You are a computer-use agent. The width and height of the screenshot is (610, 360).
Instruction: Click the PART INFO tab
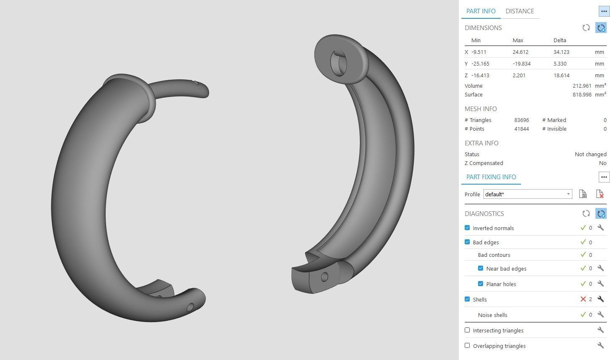[x=481, y=11]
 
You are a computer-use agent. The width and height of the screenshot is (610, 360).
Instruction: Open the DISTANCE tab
[x=519, y=11]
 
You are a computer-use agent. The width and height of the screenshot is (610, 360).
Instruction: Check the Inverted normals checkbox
[x=467, y=228]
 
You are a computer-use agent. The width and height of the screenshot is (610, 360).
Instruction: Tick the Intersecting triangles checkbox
[x=467, y=330]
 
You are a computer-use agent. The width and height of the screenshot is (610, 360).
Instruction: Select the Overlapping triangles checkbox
[x=467, y=346]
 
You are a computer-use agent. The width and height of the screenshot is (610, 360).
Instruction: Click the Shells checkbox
[x=467, y=299]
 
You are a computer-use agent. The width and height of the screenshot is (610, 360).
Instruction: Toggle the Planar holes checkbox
[x=481, y=284]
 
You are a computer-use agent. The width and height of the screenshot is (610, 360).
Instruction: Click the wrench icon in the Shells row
[x=600, y=299]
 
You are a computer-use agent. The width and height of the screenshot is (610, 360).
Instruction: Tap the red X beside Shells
[x=583, y=299]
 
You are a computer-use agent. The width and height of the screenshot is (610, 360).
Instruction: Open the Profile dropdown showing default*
[x=528, y=194]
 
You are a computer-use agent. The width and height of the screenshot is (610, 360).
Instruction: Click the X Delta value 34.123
[x=561, y=52]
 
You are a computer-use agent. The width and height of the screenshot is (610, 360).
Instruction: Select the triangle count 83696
[x=521, y=120]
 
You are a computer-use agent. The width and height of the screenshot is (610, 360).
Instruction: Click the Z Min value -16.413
[x=480, y=76]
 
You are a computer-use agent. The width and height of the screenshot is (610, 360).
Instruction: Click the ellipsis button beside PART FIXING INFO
[x=604, y=177]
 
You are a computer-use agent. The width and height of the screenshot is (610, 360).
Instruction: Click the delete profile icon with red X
[x=600, y=194]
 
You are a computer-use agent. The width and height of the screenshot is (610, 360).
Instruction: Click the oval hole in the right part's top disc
[x=339, y=63]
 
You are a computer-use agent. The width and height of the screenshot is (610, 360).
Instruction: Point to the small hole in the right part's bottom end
[x=324, y=276]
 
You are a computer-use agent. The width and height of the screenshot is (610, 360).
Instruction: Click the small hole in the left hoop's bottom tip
[x=190, y=308]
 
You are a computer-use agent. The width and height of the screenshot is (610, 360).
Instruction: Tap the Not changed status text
[x=590, y=155]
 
